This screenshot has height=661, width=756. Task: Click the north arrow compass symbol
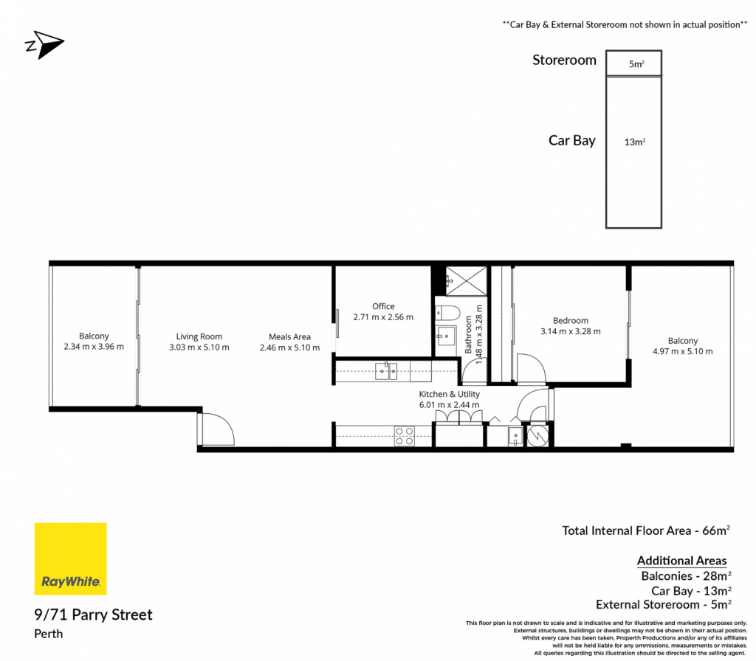[44, 45]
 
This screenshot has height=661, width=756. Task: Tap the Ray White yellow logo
[70, 559]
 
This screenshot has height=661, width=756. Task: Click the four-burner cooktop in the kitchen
[405, 436]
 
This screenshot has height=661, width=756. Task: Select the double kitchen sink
[386, 371]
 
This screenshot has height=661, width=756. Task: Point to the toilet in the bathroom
[446, 313]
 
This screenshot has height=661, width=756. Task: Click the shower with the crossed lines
[467, 281]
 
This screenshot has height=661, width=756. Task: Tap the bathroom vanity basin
[445, 336]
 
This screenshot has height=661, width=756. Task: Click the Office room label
[383, 306]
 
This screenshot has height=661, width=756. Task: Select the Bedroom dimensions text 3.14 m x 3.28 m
[571, 331]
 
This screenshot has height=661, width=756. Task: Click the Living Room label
[199, 336]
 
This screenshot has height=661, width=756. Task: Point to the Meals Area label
[289, 336]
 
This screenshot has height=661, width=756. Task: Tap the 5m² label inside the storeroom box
[636, 64]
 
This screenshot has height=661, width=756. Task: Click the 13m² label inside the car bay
[634, 142]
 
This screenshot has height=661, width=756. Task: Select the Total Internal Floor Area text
[646, 530]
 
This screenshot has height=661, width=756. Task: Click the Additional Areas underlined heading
[681, 561]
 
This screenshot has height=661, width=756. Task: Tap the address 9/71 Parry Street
[94, 615]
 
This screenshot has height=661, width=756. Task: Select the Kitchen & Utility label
[450, 394]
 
